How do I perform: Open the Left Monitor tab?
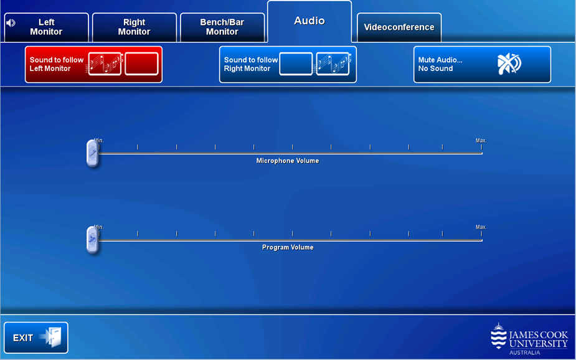46,27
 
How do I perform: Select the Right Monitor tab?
135,27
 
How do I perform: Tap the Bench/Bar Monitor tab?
222,27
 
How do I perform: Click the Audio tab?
309,21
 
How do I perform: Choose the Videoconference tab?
399,27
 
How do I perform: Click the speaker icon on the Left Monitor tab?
11,23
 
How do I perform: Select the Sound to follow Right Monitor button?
288,64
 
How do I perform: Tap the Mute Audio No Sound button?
482,64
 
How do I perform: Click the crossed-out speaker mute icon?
509,64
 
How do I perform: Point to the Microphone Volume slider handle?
93,153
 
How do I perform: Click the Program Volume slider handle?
93,240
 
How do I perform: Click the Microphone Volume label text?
288,161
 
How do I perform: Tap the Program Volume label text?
288,248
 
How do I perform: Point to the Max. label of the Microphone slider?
481,141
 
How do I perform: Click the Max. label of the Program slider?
481,227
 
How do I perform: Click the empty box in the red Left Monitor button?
141,64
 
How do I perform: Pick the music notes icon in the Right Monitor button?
333,64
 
